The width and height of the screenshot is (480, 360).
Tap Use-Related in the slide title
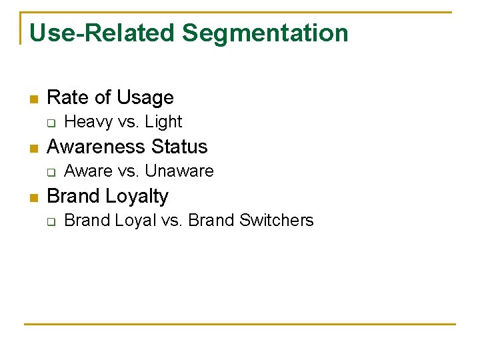(x=103, y=33)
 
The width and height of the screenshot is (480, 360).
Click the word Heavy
(x=88, y=122)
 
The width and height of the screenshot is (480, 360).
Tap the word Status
(x=179, y=147)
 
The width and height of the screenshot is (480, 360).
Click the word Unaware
(x=179, y=171)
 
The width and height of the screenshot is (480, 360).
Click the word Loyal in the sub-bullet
(x=135, y=221)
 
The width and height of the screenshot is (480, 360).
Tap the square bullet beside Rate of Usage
(x=33, y=99)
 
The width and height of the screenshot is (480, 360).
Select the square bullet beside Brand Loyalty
(x=33, y=198)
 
